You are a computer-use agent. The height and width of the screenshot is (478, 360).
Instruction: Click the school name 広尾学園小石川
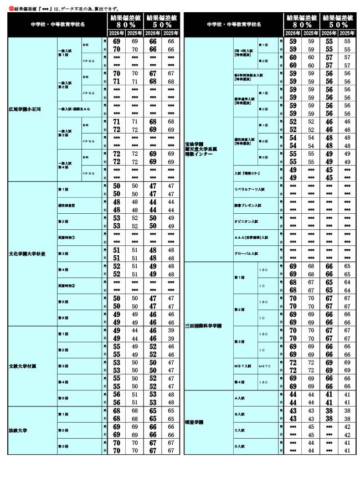point(25,108)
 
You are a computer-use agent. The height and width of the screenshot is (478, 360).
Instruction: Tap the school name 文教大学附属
point(23,366)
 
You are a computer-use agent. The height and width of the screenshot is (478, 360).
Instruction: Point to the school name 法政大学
point(18,430)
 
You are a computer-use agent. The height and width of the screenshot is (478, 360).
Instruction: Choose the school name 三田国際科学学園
point(204,325)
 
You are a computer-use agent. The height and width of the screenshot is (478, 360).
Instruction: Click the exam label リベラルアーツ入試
point(247,189)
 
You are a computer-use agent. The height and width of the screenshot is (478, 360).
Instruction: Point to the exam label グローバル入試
point(245,253)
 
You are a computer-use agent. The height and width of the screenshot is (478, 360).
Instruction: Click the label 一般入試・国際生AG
point(75,109)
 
